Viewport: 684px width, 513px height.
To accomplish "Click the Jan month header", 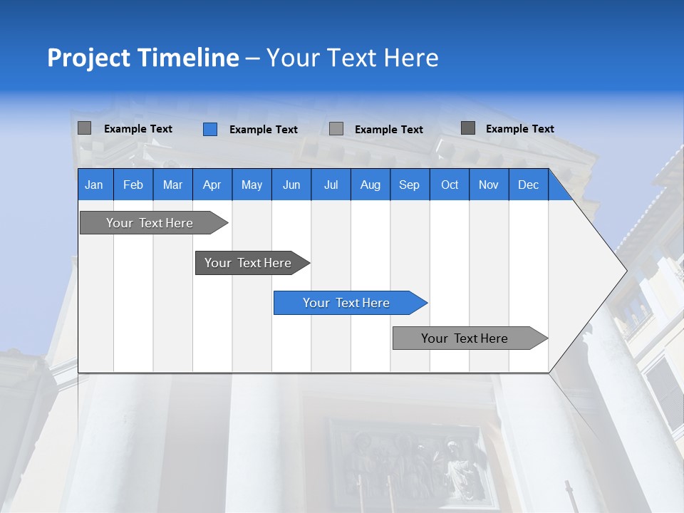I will [95, 185].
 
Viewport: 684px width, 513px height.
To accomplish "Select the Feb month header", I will [133, 185].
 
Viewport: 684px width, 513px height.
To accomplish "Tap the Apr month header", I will [212, 185].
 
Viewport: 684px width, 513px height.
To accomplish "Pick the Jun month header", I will [291, 185].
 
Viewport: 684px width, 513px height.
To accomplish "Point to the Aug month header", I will [370, 185].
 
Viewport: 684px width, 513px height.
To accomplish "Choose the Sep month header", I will [410, 185].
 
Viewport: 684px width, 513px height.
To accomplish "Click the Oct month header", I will [450, 185].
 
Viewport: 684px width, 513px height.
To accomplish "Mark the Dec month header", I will [529, 185].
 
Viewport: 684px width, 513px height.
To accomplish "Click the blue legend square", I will [209, 129].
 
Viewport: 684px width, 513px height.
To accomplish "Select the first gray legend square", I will [84, 128].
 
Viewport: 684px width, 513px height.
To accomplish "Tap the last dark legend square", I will [468, 128].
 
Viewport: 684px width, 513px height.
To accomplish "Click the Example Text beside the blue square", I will [263, 129].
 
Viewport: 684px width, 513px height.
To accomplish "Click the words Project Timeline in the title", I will [142, 58].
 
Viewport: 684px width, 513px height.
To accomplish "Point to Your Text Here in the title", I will [352, 58].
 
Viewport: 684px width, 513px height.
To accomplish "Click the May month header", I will [252, 185].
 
